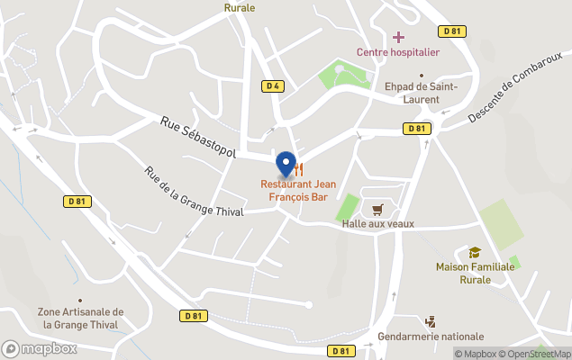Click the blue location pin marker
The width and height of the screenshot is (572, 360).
click(286, 165)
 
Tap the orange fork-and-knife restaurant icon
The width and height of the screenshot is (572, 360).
click(299, 168)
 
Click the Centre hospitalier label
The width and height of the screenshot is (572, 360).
click(398, 52)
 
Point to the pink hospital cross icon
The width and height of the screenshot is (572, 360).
click(398, 37)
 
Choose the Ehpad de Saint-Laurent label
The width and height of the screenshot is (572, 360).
click(422, 92)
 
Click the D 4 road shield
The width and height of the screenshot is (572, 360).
click(274, 86)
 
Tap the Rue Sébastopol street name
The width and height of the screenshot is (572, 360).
click(198, 138)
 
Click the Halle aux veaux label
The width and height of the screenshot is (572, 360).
click(378, 223)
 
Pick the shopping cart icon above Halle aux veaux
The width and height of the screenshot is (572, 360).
click(377, 209)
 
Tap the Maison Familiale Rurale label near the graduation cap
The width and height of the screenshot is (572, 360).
click(476, 273)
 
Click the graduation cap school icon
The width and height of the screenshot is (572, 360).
click(475, 253)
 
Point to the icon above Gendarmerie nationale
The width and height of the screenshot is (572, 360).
click(430, 321)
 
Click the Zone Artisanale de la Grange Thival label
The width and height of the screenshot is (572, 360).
click(81, 318)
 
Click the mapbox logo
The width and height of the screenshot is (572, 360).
click(40, 348)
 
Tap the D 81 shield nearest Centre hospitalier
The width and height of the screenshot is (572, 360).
click(452, 31)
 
